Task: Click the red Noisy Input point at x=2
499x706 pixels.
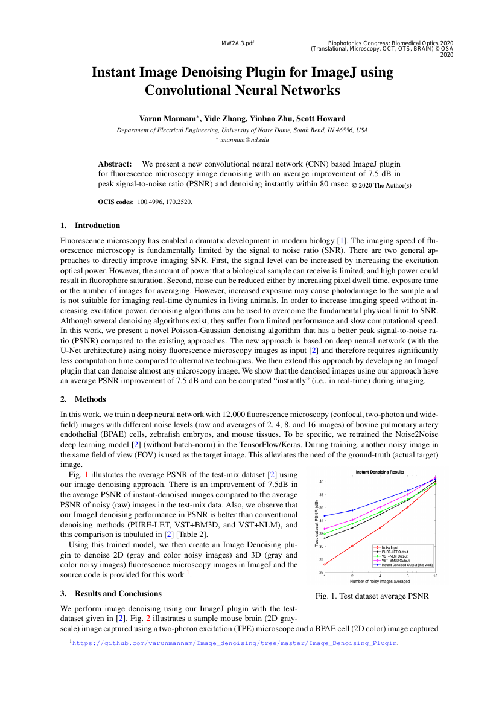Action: coord(352,545)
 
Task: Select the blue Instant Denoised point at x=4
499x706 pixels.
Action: coord(380,501)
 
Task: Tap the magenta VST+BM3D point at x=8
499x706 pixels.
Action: coord(408,494)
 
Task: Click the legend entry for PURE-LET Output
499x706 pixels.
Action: coord(399,552)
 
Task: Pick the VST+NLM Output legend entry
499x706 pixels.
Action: coord(398,556)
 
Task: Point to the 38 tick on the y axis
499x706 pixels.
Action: coord(321,495)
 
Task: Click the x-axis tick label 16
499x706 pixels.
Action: coord(435,576)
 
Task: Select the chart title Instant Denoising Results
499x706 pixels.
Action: coord(380,472)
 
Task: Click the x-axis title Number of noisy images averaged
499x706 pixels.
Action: coord(380,582)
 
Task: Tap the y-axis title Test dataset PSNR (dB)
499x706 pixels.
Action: coord(317,523)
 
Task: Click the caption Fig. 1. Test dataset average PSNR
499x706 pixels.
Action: coord(372,597)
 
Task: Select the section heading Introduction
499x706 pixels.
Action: coord(97,226)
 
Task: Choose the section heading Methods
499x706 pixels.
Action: coord(90,399)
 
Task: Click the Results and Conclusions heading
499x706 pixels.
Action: coord(118,593)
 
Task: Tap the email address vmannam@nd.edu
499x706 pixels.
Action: coord(243,139)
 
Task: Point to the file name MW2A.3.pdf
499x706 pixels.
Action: coord(238,43)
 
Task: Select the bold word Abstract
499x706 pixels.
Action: coord(115,164)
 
